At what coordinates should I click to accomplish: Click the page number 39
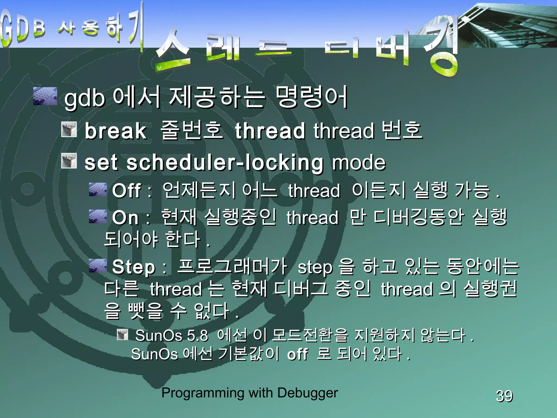tap(504, 396)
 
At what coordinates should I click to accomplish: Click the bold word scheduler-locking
tap(225, 163)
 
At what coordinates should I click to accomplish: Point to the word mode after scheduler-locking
tap(359, 163)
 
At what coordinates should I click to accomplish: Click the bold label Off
tap(126, 190)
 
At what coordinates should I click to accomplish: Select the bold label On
tap(125, 218)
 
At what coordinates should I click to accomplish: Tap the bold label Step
tap(134, 267)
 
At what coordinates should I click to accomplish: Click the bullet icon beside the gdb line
tap(45, 96)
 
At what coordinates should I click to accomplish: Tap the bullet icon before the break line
tap(69, 129)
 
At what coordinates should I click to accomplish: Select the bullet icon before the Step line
tap(98, 266)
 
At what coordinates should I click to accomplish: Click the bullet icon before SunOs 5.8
tap(122, 335)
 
